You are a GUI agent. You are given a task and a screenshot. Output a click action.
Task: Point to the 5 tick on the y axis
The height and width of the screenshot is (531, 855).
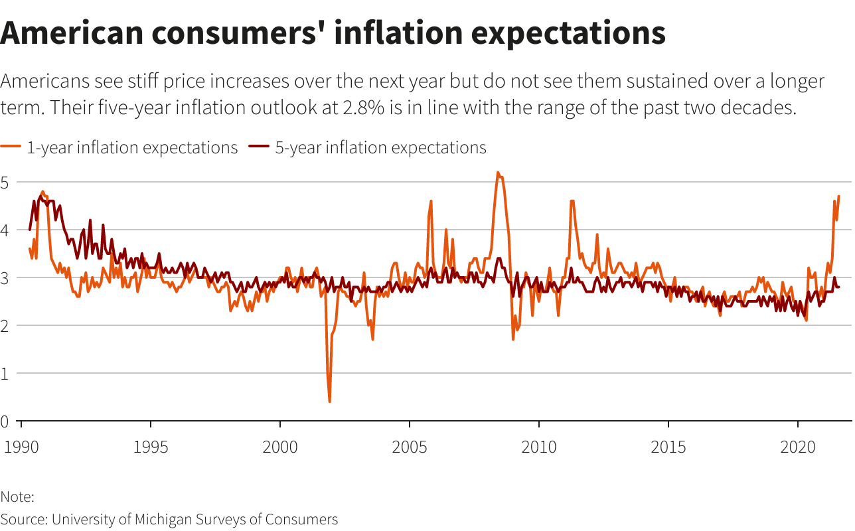tap(5, 183)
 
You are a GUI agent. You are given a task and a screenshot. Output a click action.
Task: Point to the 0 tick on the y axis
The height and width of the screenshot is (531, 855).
tap(5, 421)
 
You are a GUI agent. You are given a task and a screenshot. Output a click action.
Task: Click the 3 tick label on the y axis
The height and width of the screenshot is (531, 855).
tap(5, 278)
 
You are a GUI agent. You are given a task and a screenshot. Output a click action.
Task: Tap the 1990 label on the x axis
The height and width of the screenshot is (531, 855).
tap(21, 445)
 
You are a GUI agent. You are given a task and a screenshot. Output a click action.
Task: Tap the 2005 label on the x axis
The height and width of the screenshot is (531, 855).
tap(410, 445)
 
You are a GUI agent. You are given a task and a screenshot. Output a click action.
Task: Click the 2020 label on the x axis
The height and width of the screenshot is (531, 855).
tap(798, 445)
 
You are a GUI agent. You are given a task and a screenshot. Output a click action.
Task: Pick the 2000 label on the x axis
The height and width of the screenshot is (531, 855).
tap(280, 445)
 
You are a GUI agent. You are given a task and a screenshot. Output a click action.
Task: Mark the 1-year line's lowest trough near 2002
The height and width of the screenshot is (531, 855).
tap(329, 402)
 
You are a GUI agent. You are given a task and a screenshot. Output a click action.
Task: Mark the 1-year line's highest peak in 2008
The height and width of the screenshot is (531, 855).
tap(497, 173)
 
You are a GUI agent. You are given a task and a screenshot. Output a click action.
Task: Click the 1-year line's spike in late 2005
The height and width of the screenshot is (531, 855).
tap(431, 201)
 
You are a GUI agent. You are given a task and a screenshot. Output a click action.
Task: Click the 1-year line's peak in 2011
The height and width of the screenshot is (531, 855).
tap(572, 201)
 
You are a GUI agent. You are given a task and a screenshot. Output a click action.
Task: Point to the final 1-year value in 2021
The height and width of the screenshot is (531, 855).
tap(839, 196)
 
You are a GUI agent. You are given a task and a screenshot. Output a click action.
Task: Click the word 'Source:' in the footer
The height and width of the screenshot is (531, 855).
tap(24, 519)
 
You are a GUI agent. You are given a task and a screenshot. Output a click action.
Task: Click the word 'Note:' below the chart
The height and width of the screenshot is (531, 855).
tap(17, 496)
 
